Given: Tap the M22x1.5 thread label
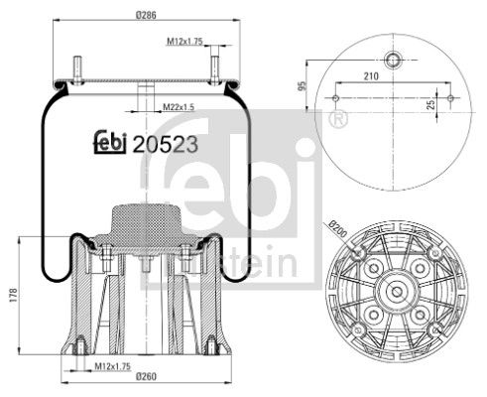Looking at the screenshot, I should point(180,105).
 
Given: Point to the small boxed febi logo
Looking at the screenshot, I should point(110,142).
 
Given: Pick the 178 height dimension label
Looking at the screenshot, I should point(12,296).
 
